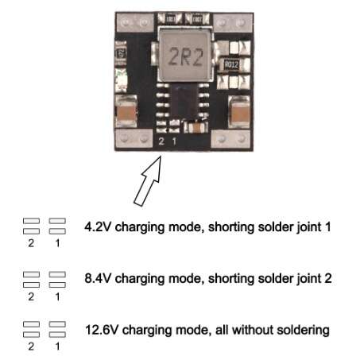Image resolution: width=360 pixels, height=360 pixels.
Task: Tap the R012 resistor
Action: pyautogui.click(x=231, y=64)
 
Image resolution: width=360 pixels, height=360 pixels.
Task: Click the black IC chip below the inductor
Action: pyautogui.click(x=184, y=103)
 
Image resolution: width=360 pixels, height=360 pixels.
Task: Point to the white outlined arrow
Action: pyautogui.click(x=148, y=181)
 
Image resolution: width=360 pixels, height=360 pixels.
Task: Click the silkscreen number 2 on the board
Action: pyautogui.click(x=161, y=141)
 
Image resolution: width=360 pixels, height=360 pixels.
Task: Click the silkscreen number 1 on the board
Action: pyautogui.click(x=174, y=141)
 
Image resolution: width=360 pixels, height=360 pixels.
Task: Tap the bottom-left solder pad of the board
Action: pyautogui.click(x=134, y=138)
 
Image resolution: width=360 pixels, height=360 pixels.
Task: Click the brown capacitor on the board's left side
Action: pyautogui.click(x=126, y=111)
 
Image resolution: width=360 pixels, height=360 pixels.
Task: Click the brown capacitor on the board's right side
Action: pyautogui.click(x=239, y=112)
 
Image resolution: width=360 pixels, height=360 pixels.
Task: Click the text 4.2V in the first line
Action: pyautogui.click(x=97, y=227)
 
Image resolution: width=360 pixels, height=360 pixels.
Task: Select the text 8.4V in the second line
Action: pyautogui.click(x=97, y=278)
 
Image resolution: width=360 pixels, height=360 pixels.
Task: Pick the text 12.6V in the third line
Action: pyautogui.click(x=102, y=330)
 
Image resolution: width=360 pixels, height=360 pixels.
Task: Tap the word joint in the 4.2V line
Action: pyautogui.click(x=309, y=227)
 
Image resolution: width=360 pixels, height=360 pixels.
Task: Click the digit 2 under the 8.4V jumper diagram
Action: pyautogui.click(x=31, y=296)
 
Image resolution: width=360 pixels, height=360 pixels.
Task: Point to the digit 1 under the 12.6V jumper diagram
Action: pyautogui.click(x=57, y=346)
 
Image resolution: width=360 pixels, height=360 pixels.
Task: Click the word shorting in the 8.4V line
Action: pyautogui.click(x=231, y=279)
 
